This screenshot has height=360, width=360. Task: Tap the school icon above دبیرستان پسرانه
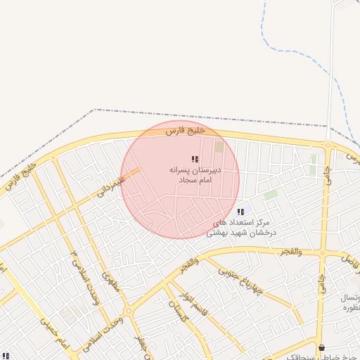click(x=195, y=160)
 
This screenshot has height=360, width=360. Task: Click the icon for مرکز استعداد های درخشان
click(x=241, y=212)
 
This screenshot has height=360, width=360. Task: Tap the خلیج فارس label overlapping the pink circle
click(x=186, y=130)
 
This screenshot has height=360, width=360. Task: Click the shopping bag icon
click(x=322, y=347)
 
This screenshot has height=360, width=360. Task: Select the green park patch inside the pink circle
click(x=219, y=147)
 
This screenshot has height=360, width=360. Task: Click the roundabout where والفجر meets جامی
click(x=323, y=251)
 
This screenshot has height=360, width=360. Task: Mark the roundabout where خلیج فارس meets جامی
click(x=328, y=146)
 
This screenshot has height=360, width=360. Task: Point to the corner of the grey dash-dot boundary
click(x=95, y=110)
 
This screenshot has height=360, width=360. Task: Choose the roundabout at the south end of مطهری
click(x=129, y=310)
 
